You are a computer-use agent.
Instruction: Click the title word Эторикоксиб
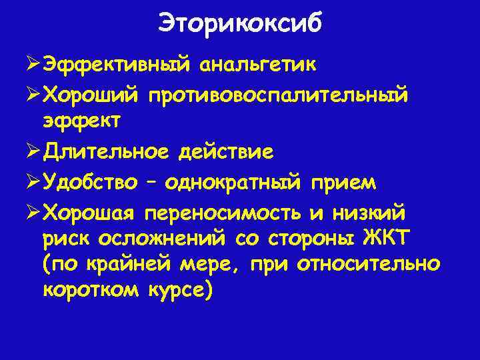240,23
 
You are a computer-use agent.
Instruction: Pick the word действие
225,153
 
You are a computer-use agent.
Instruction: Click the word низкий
377,211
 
